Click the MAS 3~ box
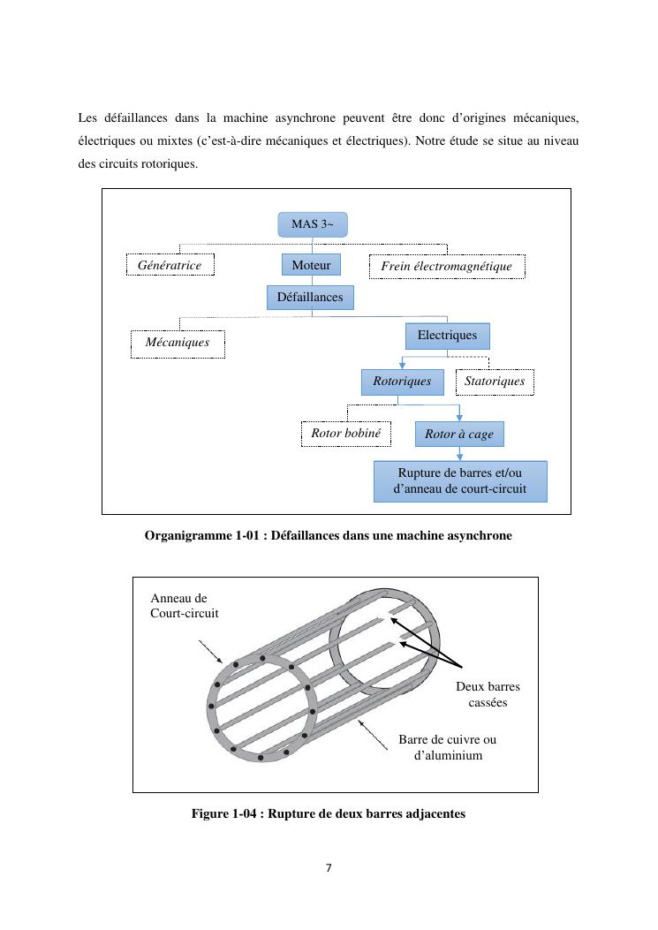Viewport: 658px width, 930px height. [x=313, y=224]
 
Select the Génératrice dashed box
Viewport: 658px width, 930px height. [x=170, y=265]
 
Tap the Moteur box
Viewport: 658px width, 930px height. [x=311, y=265]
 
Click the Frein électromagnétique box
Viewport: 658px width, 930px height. [x=446, y=267]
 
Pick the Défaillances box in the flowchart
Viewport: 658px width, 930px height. [x=310, y=298]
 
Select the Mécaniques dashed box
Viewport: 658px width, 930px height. [x=178, y=343]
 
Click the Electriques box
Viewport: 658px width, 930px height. [x=447, y=336]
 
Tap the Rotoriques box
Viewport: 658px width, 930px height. [x=402, y=382]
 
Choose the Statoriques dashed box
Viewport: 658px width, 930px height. [x=495, y=382]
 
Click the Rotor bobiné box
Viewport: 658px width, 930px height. [x=345, y=434]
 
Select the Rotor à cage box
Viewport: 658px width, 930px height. [x=459, y=435]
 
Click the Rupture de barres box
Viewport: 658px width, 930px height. [x=459, y=481]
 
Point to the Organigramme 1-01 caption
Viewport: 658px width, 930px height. [x=328, y=535]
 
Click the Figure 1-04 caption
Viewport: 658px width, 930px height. [x=328, y=813]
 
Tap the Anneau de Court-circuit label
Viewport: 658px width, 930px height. [x=185, y=605]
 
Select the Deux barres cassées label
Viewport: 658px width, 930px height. [x=488, y=694]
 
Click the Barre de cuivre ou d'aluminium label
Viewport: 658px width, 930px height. [x=448, y=747]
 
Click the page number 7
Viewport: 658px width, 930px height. [x=329, y=868]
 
